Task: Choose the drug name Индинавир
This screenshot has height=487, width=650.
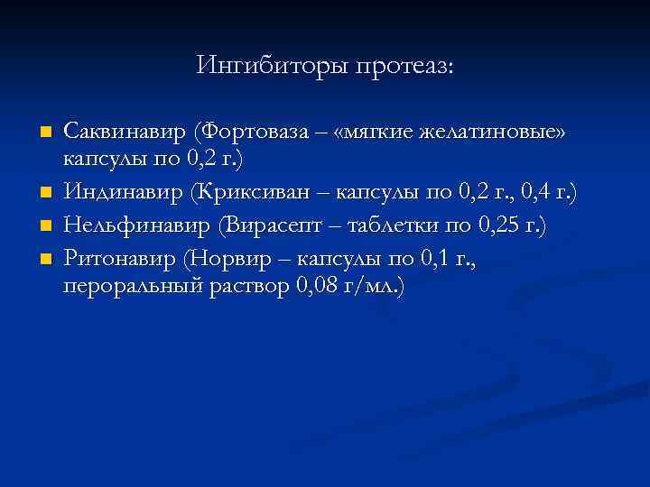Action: (120, 191)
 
